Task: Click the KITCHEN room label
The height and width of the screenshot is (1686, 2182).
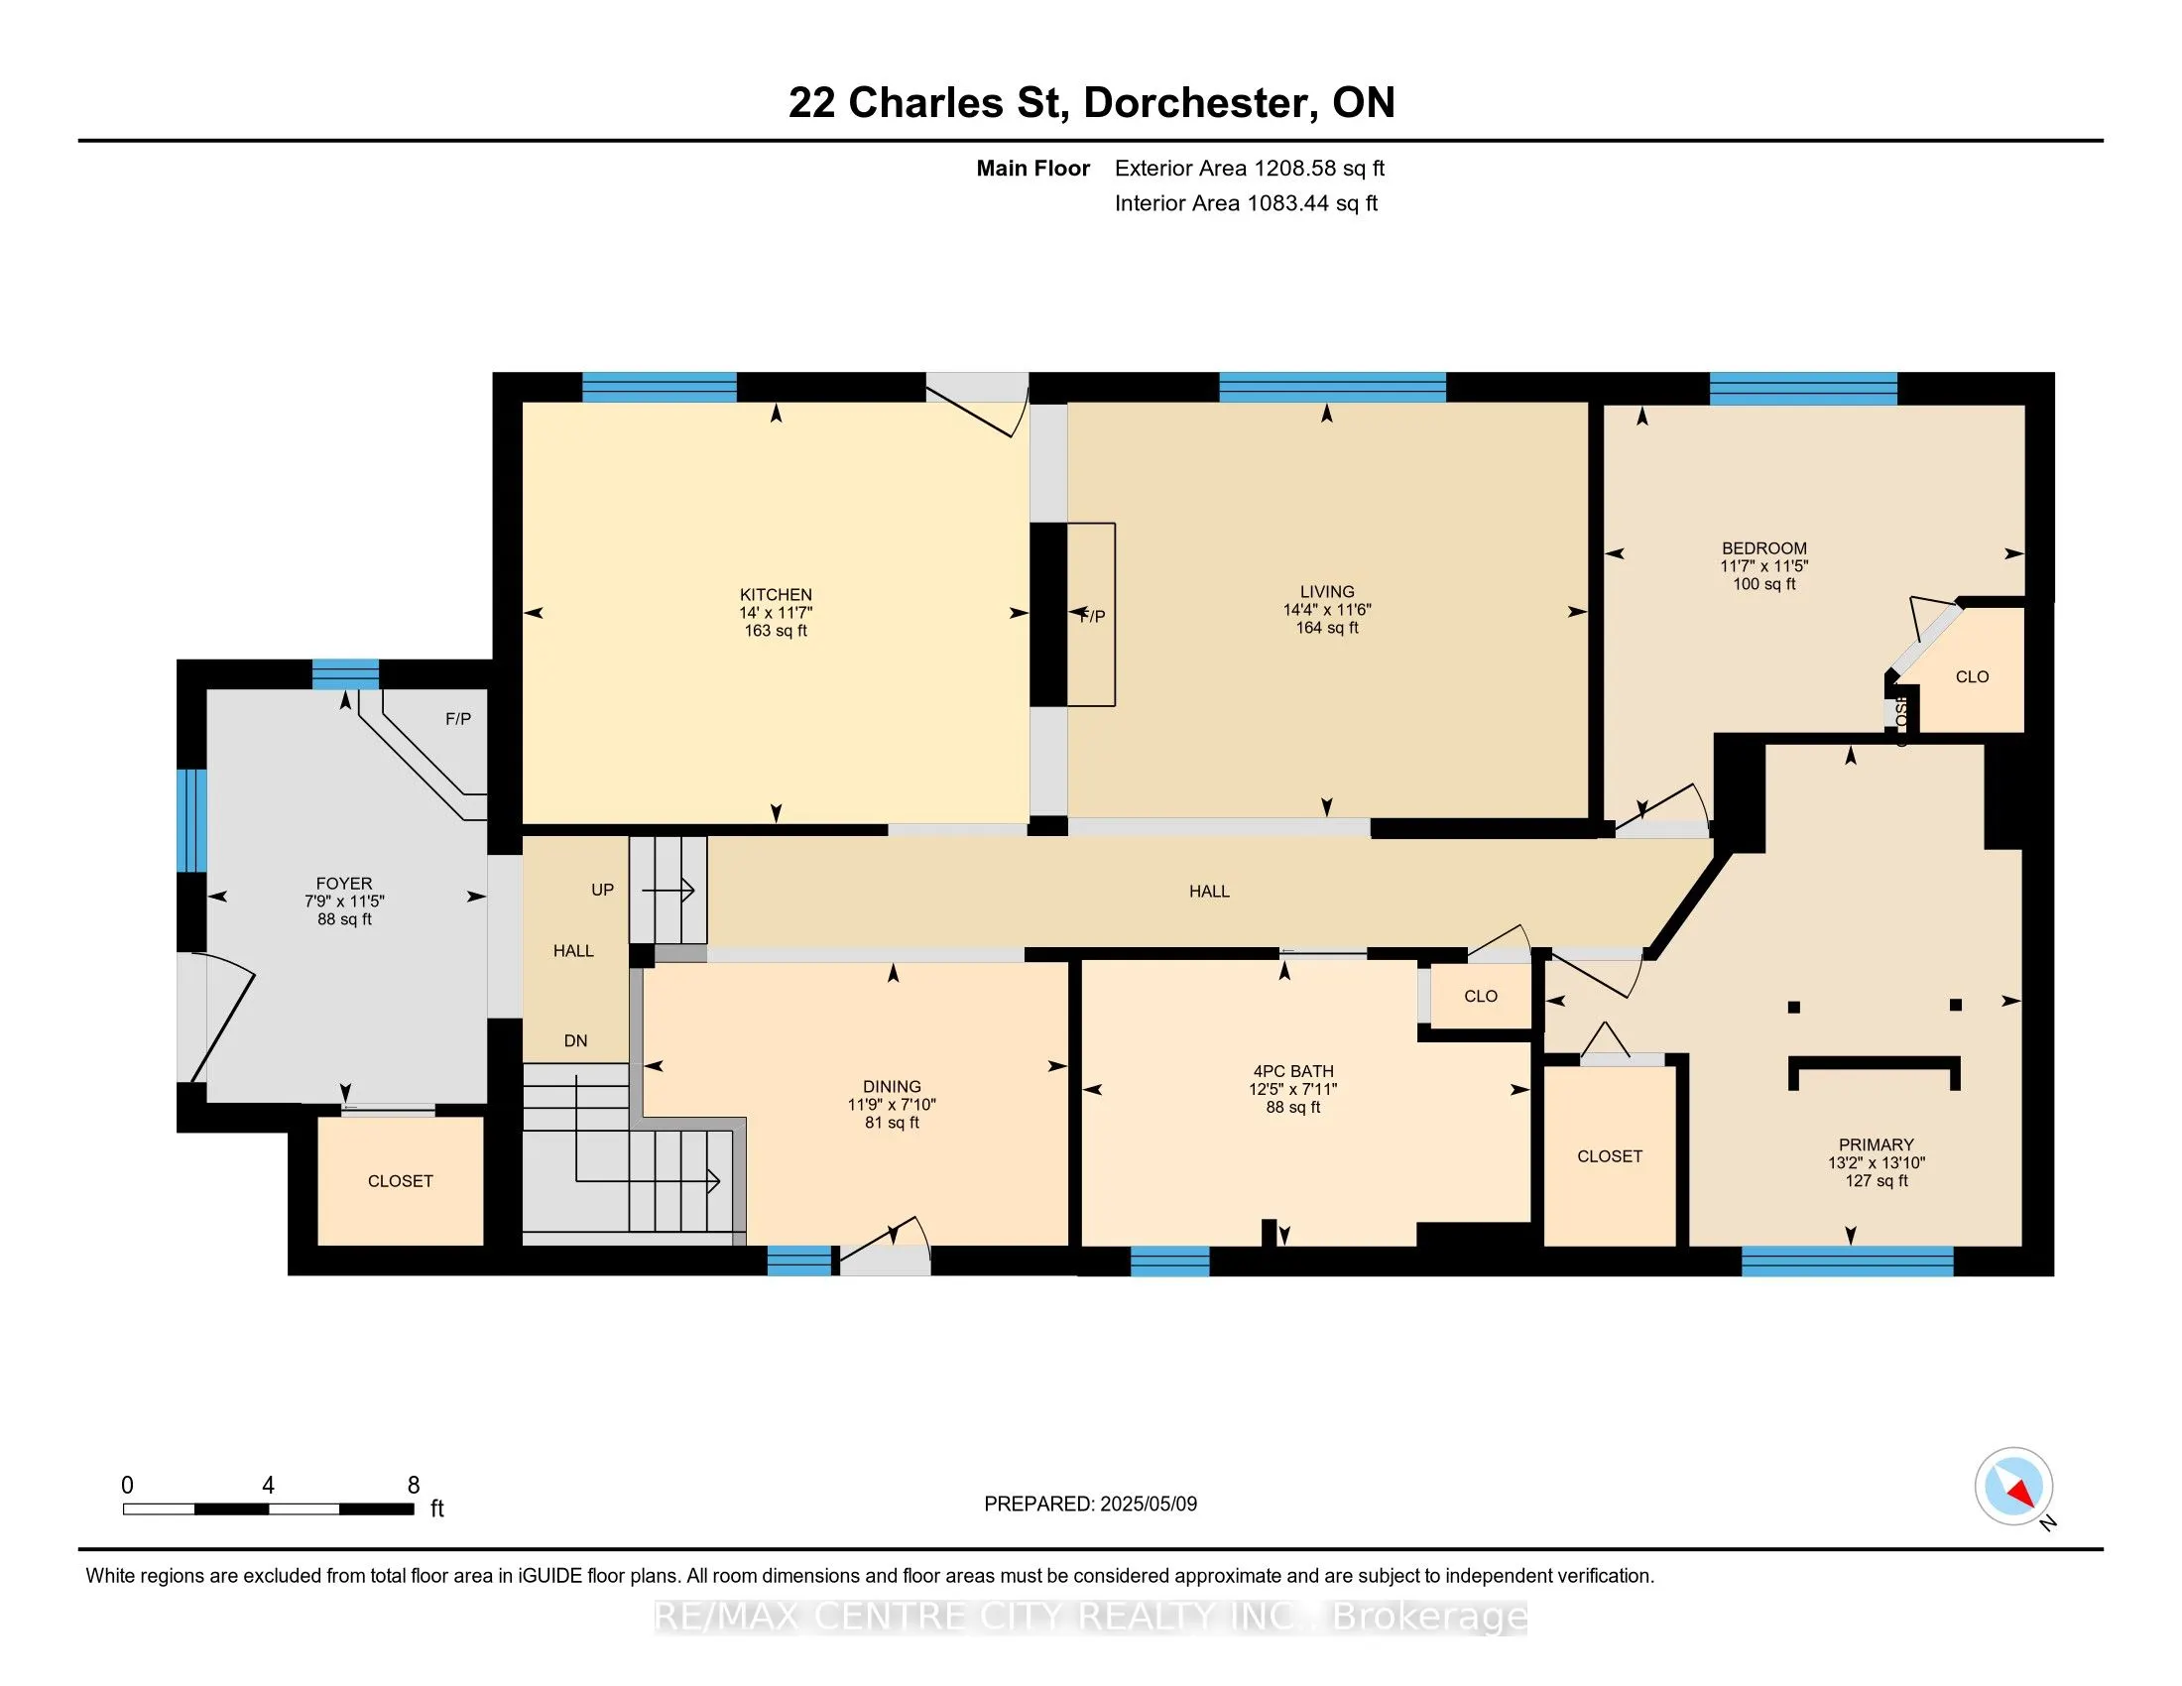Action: point(776,594)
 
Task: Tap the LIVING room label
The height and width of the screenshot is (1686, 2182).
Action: point(1327,591)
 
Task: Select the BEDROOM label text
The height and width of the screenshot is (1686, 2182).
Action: point(1763,548)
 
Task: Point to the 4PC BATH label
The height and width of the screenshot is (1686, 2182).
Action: point(1292,1071)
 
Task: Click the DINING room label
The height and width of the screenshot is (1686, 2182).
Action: point(892,1087)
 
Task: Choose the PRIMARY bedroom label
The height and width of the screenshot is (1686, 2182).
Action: point(1877,1144)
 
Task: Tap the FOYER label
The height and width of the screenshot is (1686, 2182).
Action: point(344,883)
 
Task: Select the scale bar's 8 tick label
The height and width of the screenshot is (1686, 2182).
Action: point(414,1486)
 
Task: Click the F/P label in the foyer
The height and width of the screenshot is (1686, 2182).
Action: point(457,719)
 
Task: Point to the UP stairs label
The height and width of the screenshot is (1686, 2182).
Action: point(602,890)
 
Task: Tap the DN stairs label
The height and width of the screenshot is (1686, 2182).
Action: point(575,1040)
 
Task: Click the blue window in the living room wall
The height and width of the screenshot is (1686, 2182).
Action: point(1332,387)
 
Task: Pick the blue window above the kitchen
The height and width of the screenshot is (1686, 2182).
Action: point(660,387)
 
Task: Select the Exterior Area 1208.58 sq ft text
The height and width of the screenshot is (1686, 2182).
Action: point(1249,168)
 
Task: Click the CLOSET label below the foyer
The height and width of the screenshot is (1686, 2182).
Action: point(400,1181)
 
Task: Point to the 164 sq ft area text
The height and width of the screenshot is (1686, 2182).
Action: point(1327,627)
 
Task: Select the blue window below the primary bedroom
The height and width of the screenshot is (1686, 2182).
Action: point(1848,1262)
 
